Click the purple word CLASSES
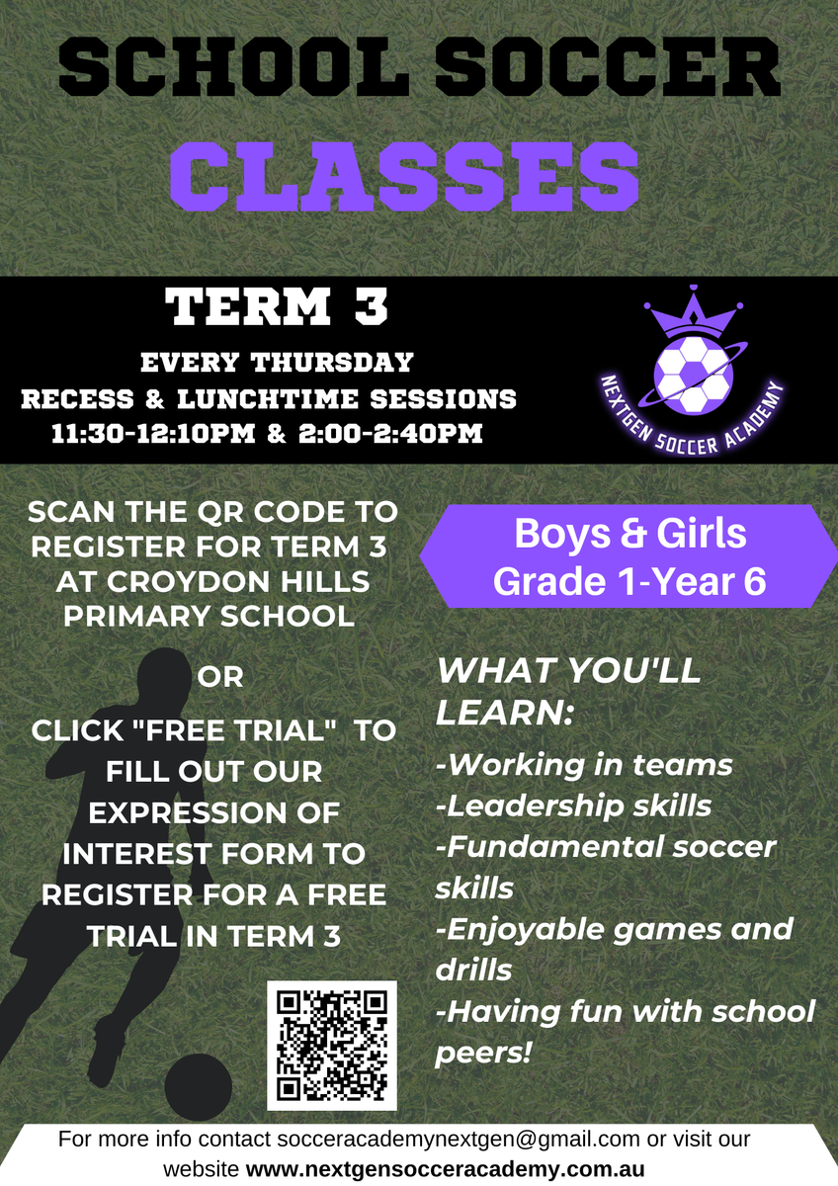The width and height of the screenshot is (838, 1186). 404,177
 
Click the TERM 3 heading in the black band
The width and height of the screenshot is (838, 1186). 277,306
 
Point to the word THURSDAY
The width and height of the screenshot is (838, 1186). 332,363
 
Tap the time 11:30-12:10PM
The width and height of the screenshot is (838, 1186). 153,433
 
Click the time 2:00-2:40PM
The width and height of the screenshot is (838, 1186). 390,433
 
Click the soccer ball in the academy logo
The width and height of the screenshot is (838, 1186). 693,375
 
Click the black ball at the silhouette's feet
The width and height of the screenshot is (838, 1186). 198,1086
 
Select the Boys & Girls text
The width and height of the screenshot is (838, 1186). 629,533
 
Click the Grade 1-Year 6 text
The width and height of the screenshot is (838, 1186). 629,581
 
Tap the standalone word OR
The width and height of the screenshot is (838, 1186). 220,677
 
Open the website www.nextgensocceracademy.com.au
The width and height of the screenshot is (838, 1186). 446,1168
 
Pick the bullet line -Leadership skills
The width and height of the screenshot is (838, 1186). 574,805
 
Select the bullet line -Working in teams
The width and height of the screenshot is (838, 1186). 584,765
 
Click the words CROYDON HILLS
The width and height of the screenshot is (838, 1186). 212,582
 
